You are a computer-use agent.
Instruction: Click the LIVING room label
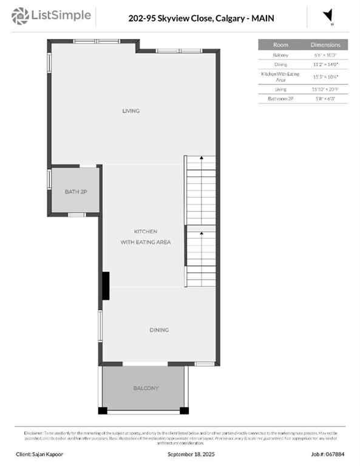[131, 111]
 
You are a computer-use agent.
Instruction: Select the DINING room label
[159, 330]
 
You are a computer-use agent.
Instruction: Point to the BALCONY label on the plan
[146, 388]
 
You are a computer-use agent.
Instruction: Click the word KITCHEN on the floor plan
[146, 232]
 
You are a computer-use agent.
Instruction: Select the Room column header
[280, 45]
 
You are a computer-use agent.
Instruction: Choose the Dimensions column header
[325, 45]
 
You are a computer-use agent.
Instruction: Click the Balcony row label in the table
[280, 55]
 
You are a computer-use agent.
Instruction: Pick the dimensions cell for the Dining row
[325, 64]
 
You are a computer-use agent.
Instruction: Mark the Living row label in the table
[280, 89]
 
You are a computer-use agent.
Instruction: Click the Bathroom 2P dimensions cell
[325, 98]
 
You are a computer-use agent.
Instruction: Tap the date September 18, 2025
[190, 454]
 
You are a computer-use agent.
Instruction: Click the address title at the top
[201, 18]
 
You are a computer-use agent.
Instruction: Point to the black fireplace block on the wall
[106, 285]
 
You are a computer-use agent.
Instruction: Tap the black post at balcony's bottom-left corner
[103, 411]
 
